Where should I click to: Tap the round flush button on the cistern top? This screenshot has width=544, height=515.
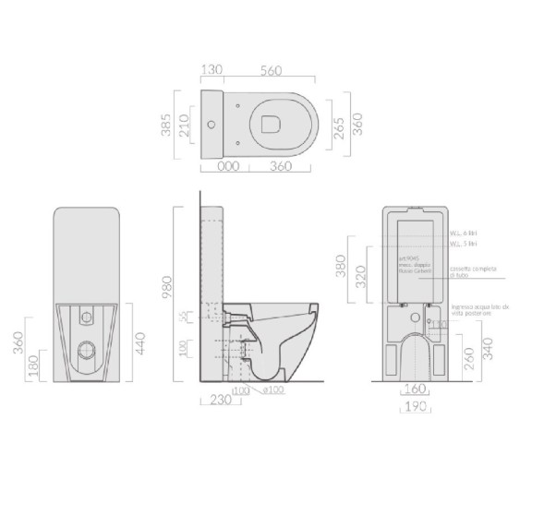click(214, 123)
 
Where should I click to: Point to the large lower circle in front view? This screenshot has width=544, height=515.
click(88, 348)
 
